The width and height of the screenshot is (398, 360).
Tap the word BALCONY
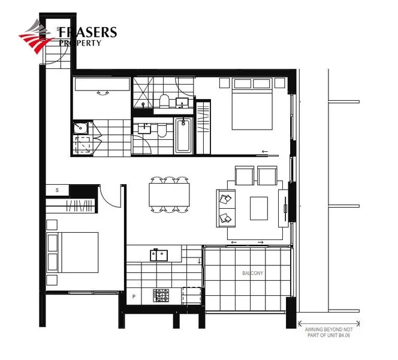(252, 273)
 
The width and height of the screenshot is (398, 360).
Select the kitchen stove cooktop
(162, 295)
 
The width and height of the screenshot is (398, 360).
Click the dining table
(170, 195)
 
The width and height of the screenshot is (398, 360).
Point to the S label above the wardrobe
(58, 190)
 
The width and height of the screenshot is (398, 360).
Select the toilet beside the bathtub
(162, 130)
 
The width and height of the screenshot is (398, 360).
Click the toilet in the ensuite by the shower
(163, 101)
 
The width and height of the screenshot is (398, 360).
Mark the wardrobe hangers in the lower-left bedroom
(79, 207)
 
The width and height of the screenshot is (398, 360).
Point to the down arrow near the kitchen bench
(200, 260)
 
